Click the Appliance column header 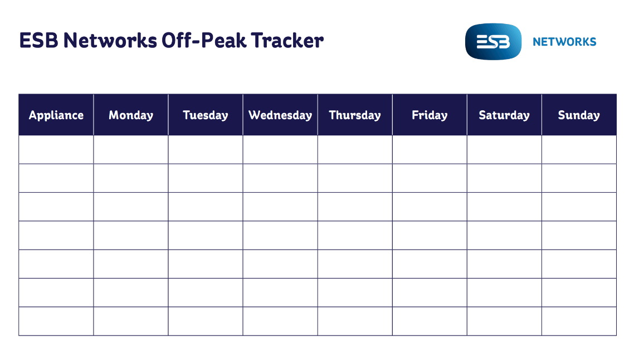pos(56,115)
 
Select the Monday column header pos(131,115)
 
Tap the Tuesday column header pos(206,115)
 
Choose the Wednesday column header pos(280,115)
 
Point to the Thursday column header pos(355,115)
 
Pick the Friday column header pos(430,115)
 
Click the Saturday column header pos(504,115)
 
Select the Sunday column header pos(579,115)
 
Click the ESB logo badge pos(493,41)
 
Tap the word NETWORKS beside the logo pos(564,42)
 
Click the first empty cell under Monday pos(131,150)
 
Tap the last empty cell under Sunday pos(579,321)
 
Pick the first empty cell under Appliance pos(56,150)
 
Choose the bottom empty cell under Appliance pos(56,321)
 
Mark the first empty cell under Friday pos(430,150)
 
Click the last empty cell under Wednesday pos(280,321)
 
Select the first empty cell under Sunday pos(579,150)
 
